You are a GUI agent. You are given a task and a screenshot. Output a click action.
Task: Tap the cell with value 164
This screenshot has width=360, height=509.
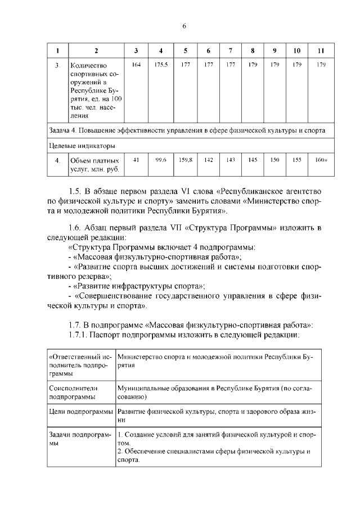click(136, 65)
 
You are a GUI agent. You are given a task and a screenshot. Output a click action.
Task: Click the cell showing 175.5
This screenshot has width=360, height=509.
click(161, 65)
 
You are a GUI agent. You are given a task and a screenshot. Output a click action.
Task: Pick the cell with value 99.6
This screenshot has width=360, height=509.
click(161, 160)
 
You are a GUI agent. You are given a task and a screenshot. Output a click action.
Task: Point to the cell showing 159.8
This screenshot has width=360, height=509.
click(185, 160)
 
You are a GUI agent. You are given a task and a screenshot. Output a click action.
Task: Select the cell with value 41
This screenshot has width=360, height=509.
click(136, 160)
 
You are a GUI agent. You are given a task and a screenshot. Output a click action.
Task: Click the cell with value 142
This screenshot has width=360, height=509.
click(208, 160)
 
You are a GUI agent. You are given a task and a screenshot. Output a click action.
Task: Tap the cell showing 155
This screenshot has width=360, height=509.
click(298, 160)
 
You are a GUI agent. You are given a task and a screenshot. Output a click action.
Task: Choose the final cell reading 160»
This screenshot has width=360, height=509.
click(321, 160)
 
